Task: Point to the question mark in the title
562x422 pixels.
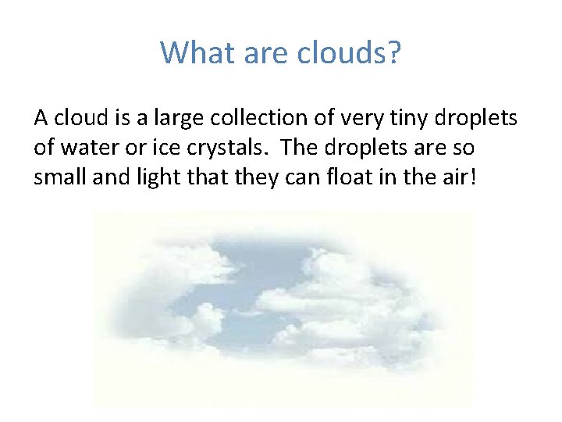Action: [393, 52]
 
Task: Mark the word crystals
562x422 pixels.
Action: [197, 148]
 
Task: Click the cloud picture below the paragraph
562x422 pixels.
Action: [283, 309]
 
